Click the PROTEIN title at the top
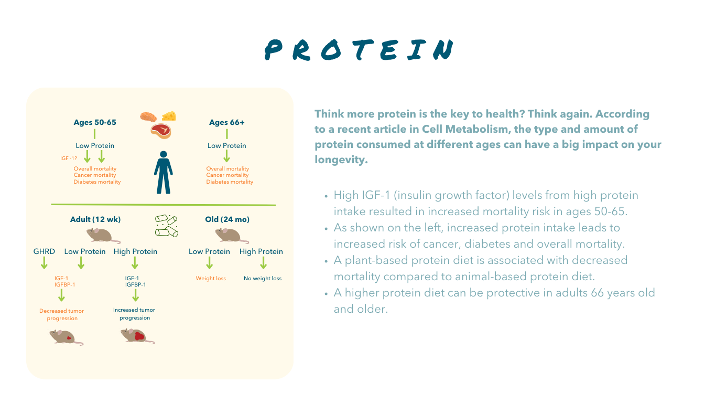pos(359,50)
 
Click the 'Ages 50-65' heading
pos(95,122)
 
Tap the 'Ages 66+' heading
pos(226,122)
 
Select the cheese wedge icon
pos(169,116)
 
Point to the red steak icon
pos(161,131)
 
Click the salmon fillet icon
pos(149,117)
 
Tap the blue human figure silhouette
pos(164,172)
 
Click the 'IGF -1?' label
pos(69,158)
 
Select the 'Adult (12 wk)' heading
pos(95,219)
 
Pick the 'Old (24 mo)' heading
pos(227,219)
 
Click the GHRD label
pos(44,251)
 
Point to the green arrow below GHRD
pos(44,263)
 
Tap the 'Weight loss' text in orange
pos(211,279)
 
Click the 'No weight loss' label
pos(263,279)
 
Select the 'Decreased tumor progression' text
pos(62,314)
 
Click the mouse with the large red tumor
pos(137,336)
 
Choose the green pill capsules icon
pos(167,226)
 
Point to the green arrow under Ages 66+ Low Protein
pos(226,156)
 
